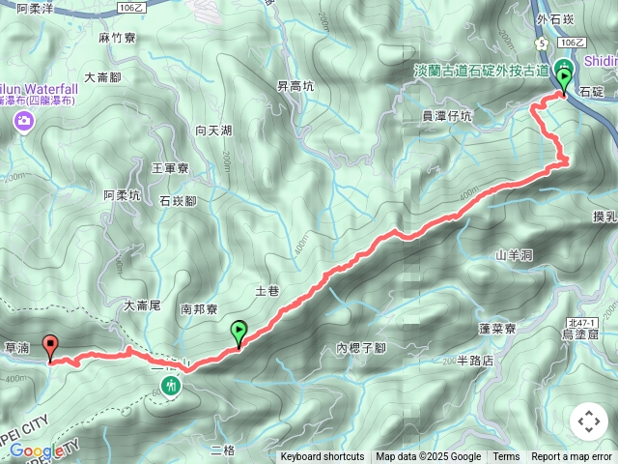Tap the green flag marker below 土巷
click(x=239, y=333)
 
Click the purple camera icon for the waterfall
click(x=22, y=121)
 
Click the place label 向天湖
click(x=213, y=130)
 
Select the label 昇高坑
click(x=295, y=86)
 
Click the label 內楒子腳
click(x=361, y=348)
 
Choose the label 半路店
click(x=475, y=360)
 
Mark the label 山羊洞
click(x=514, y=255)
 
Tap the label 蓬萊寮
click(x=498, y=329)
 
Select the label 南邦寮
click(x=199, y=310)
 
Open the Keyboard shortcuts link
click(x=323, y=457)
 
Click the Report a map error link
click(x=574, y=457)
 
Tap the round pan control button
click(x=589, y=421)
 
